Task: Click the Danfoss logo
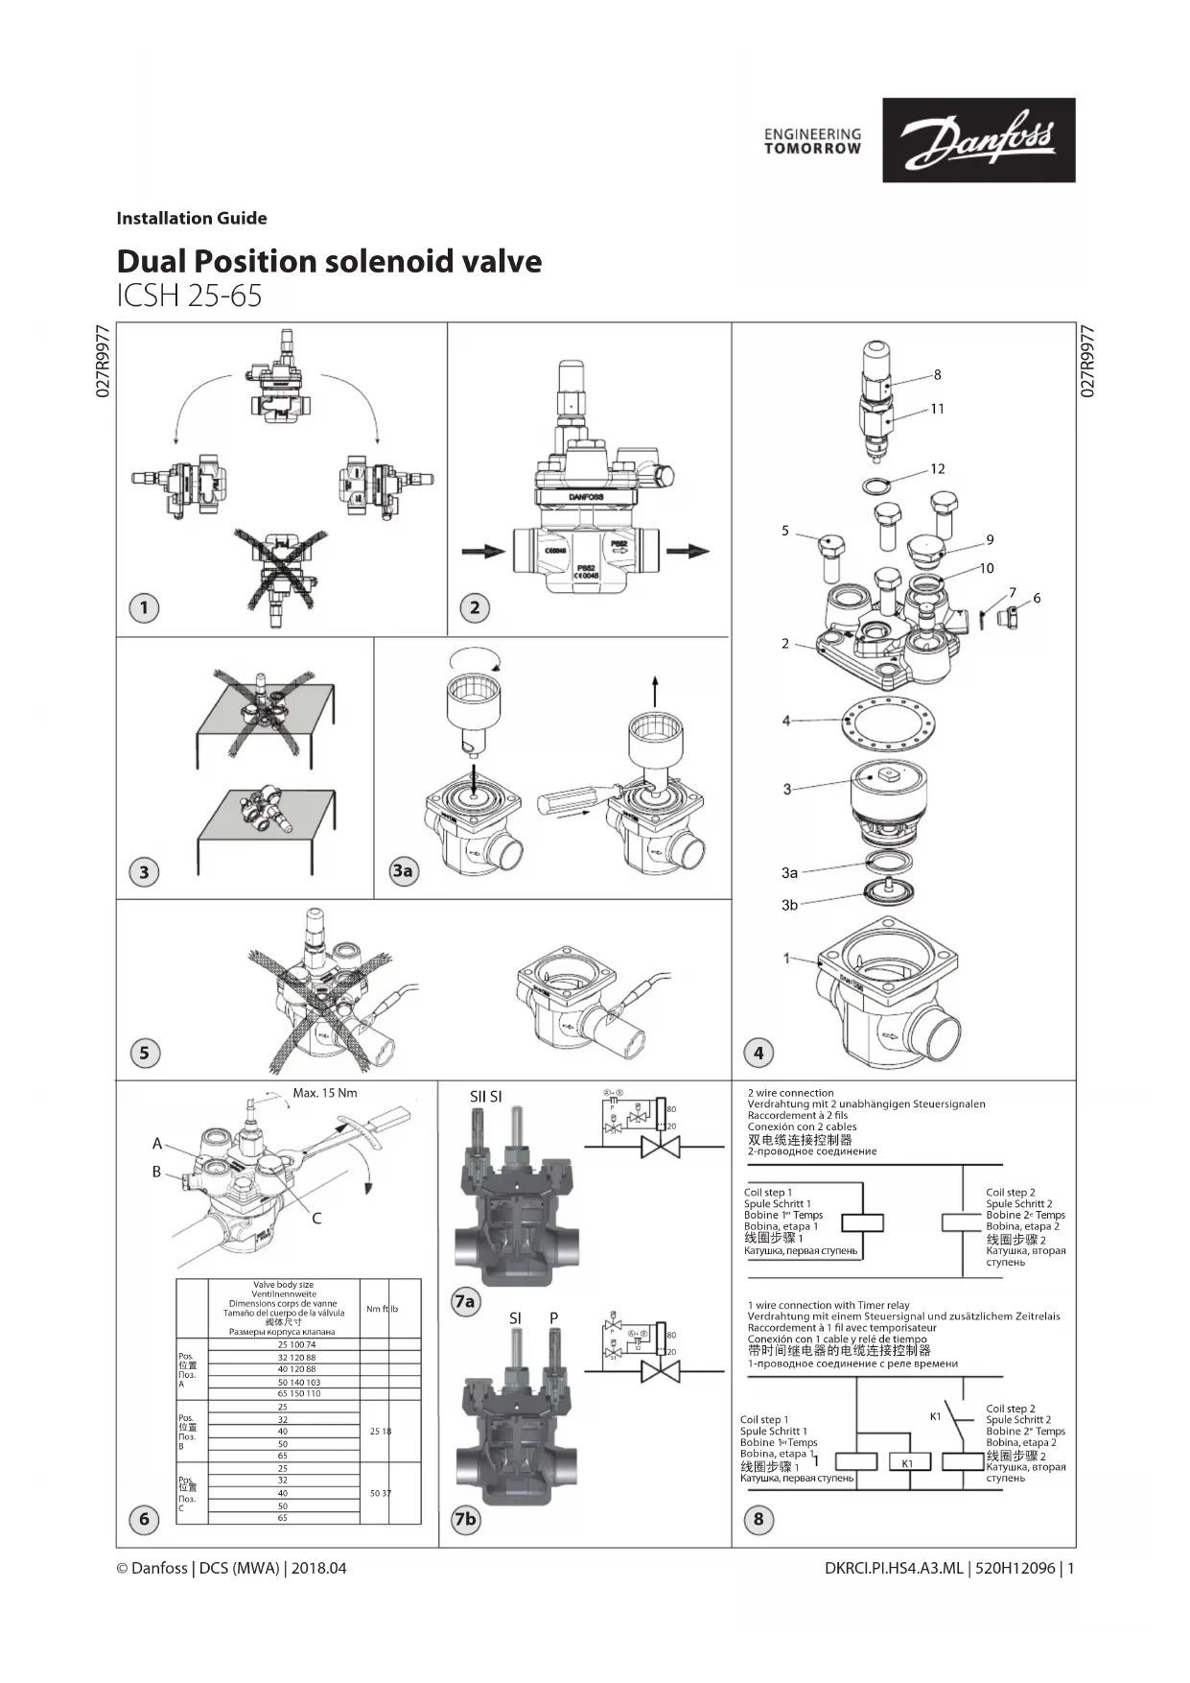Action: (x=978, y=140)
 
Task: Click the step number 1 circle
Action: (x=144, y=607)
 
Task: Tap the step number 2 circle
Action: (x=475, y=607)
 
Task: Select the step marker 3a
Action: (x=403, y=870)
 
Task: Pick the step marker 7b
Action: (x=465, y=1519)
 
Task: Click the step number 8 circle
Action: (x=758, y=1519)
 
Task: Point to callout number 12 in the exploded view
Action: (x=937, y=469)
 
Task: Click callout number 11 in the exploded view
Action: (x=937, y=409)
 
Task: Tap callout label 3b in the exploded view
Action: (x=789, y=905)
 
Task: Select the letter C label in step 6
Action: (x=316, y=1219)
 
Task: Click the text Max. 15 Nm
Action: (x=325, y=1093)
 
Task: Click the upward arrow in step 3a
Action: (x=655, y=690)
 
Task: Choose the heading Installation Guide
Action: (x=192, y=218)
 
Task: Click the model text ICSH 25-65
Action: (x=189, y=296)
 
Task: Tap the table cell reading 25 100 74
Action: (x=296, y=1345)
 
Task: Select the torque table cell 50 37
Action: (x=380, y=1494)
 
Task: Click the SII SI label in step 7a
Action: (x=486, y=1097)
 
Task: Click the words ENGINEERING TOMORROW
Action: (x=812, y=142)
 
